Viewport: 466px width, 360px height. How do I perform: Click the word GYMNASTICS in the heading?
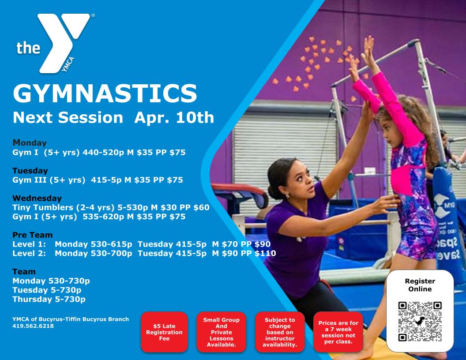pyautogui.click(x=105, y=93)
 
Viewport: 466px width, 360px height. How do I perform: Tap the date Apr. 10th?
pyautogui.click(x=174, y=117)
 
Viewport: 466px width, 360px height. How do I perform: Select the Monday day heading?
pyautogui.click(x=30, y=143)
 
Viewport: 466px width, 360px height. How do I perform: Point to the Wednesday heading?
pyautogui.click(x=37, y=198)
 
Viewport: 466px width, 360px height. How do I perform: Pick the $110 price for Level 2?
pyautogui.click(x=265, y=253)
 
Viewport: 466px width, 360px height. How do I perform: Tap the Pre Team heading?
pyautogui.click(x=32, y=235)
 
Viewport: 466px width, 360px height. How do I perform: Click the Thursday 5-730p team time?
pyautogui.click(x=49, y=299)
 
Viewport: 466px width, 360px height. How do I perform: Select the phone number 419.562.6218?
pyautogui.click(x=33, y=326)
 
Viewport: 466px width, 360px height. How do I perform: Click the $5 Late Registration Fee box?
pyautogui.click(x=164, y=332)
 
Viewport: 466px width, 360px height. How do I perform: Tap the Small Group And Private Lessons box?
pyautogui.click(x=222, y=332)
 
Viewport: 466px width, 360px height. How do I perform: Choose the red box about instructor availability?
pyautogui.click(x=280, y=332)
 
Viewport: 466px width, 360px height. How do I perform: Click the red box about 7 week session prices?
pyautogui.click(x=338, y=332)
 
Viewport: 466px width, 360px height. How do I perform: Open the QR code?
pyautogui.click(x=420, y=321)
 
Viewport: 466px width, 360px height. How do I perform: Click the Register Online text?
pyautogui.click(x=420, y=285)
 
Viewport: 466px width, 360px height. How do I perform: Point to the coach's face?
pyautogui.click(x=299, y=179)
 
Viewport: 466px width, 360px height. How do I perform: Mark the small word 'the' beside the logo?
pyautogui.click(x=28, y=48)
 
